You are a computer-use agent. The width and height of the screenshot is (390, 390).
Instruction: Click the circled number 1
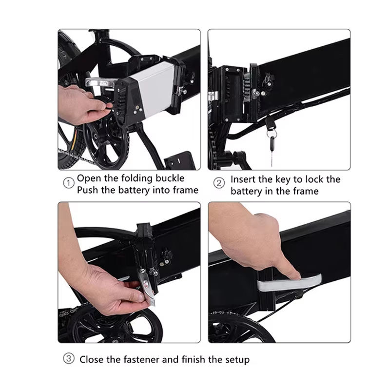pos(69,183)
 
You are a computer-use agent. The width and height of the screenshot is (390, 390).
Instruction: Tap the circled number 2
pos(219,183)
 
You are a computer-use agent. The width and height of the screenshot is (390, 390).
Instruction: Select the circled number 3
pos(69,359)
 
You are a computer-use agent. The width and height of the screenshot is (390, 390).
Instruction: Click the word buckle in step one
pos(170,178)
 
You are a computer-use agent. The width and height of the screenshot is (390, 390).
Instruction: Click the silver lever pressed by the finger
pos(289,283)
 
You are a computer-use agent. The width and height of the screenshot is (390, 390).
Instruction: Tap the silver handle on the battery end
pos(99,81)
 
